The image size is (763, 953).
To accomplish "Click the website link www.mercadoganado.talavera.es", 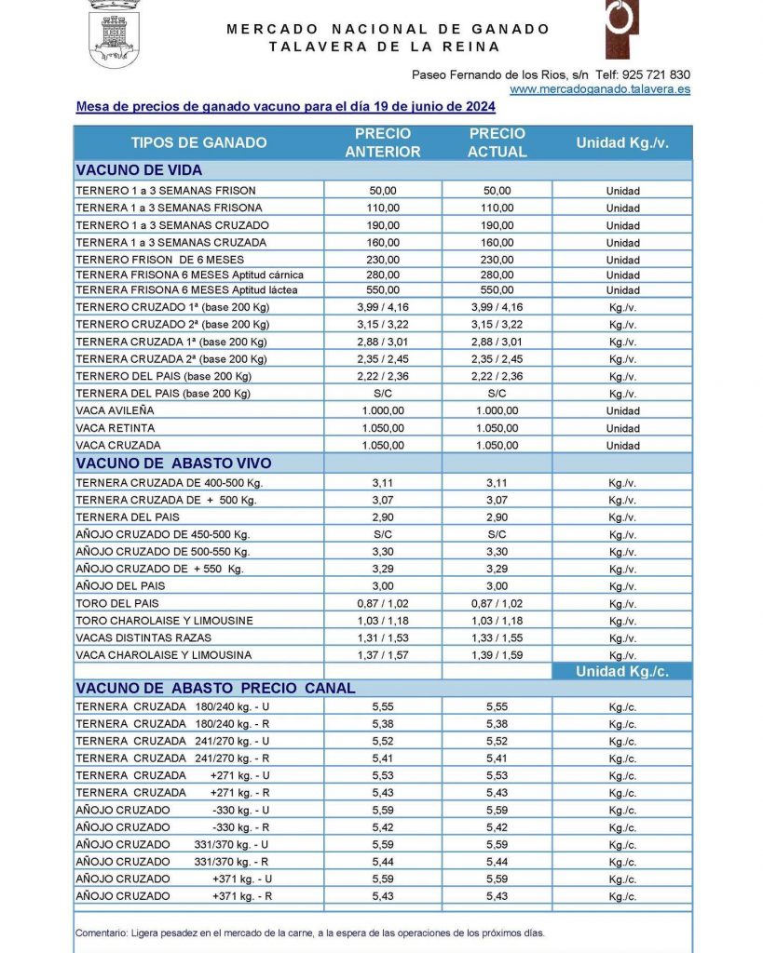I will pyautogui.click(x=600, y=89).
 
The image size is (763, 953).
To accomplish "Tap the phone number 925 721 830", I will pyautogui.click(x=657, y=74).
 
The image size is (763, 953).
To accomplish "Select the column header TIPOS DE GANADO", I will pyautogui.click(x=198, y=142).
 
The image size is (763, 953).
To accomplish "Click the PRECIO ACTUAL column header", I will pyautogui.click(x=497, y=142).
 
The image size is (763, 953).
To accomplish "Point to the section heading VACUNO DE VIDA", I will pyautogui.click(x=139, y=170).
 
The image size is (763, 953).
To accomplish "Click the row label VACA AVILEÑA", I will pyautogui.click(x=115, y=410).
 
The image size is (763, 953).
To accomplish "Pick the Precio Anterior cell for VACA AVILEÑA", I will pyautogui.click(x=383, y=410).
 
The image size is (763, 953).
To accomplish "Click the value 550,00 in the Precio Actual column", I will pyautogui.click(x=497, y=290).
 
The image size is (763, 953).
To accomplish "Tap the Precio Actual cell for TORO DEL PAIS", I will pyautogui.click(x=497, y=603).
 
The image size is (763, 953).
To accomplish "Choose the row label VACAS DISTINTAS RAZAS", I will pyautogui.click(x=143, y=638).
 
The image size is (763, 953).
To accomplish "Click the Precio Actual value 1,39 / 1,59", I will pyautogui.click(x=497, y=655).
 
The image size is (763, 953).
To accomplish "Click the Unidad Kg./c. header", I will pyautogui.click(x=621, y=671).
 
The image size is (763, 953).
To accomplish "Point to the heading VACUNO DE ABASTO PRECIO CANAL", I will pyautogui.click(x=215, y=689).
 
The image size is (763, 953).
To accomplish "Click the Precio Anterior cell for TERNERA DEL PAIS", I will pyautogui.click(x=383, y=517).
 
